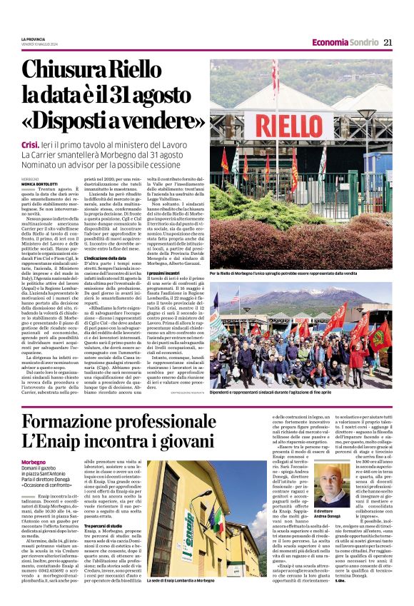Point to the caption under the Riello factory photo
coord(301,273)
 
